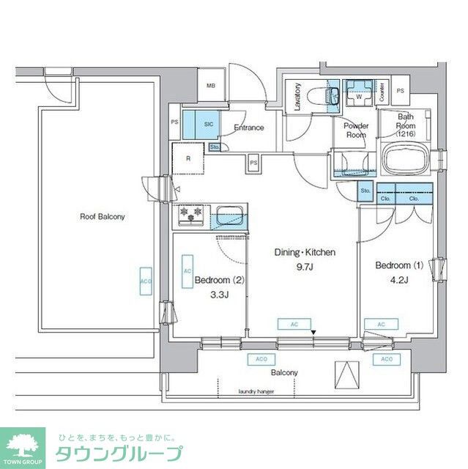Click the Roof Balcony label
103,216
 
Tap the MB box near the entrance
211,86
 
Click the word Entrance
249,128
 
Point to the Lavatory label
298,97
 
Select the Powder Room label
356,130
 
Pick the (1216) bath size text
406,134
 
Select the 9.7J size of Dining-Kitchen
305,266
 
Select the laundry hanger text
256,391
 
